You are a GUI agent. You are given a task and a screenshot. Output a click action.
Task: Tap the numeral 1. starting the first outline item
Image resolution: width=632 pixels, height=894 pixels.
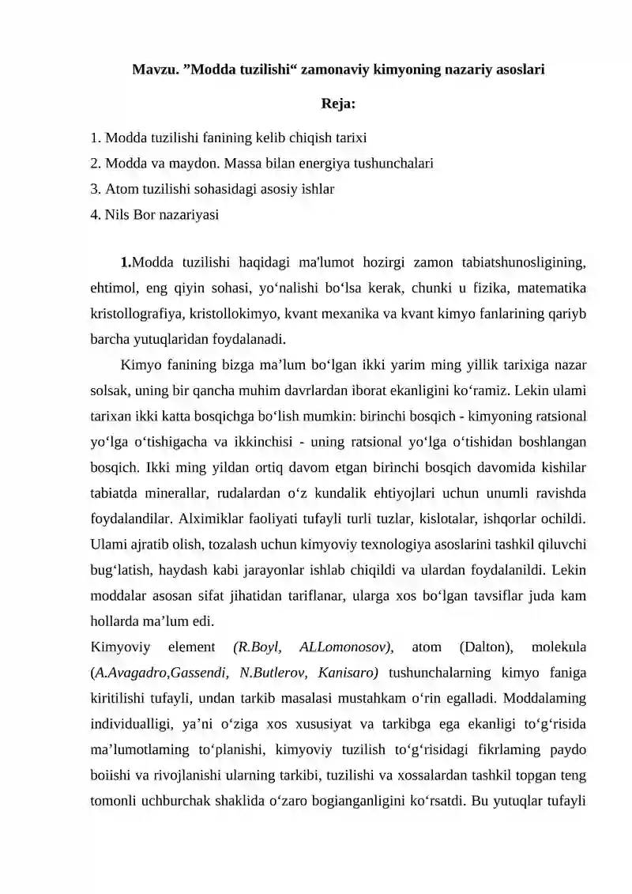96,138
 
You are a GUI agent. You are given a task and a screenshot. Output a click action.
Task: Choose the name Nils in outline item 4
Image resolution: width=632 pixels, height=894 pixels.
116,214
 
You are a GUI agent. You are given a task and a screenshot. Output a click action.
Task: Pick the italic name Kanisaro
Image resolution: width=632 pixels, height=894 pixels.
348,673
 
